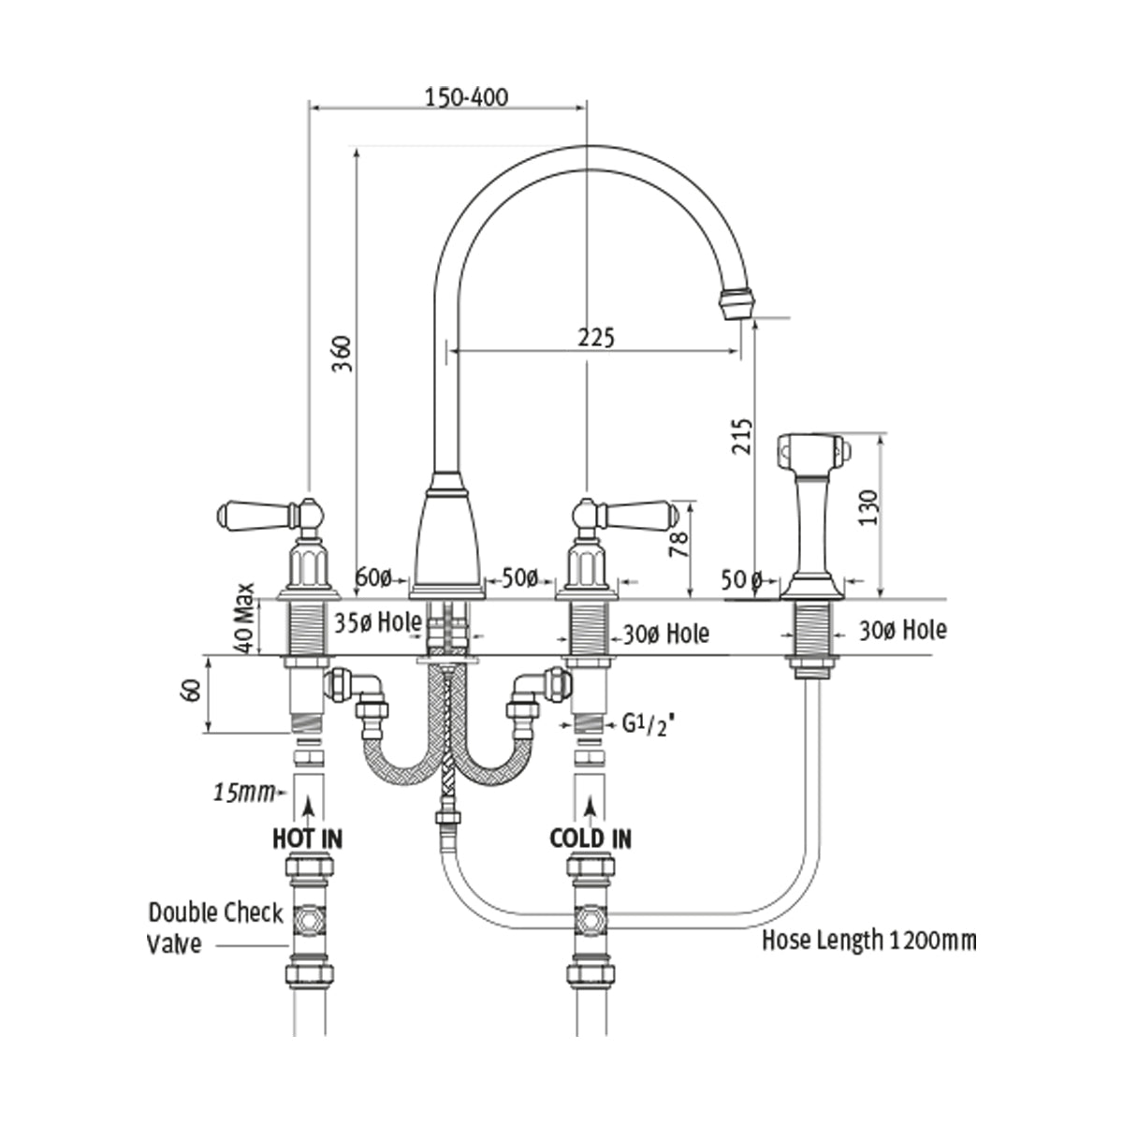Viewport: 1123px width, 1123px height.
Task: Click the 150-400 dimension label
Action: click(466, 97)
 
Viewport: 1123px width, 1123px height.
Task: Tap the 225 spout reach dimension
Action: click(595, 338)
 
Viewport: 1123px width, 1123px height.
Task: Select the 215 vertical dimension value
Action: click(741, 435)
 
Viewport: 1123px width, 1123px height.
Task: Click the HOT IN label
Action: click(307, 838)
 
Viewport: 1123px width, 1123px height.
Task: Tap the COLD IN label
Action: click(591, 838)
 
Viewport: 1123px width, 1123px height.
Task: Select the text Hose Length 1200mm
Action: click(869, 940)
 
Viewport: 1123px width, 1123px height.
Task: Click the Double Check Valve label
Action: click(214, 926)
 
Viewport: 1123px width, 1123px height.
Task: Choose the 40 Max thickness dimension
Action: click(245, 619)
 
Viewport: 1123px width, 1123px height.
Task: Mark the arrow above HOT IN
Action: click(308, 804)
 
